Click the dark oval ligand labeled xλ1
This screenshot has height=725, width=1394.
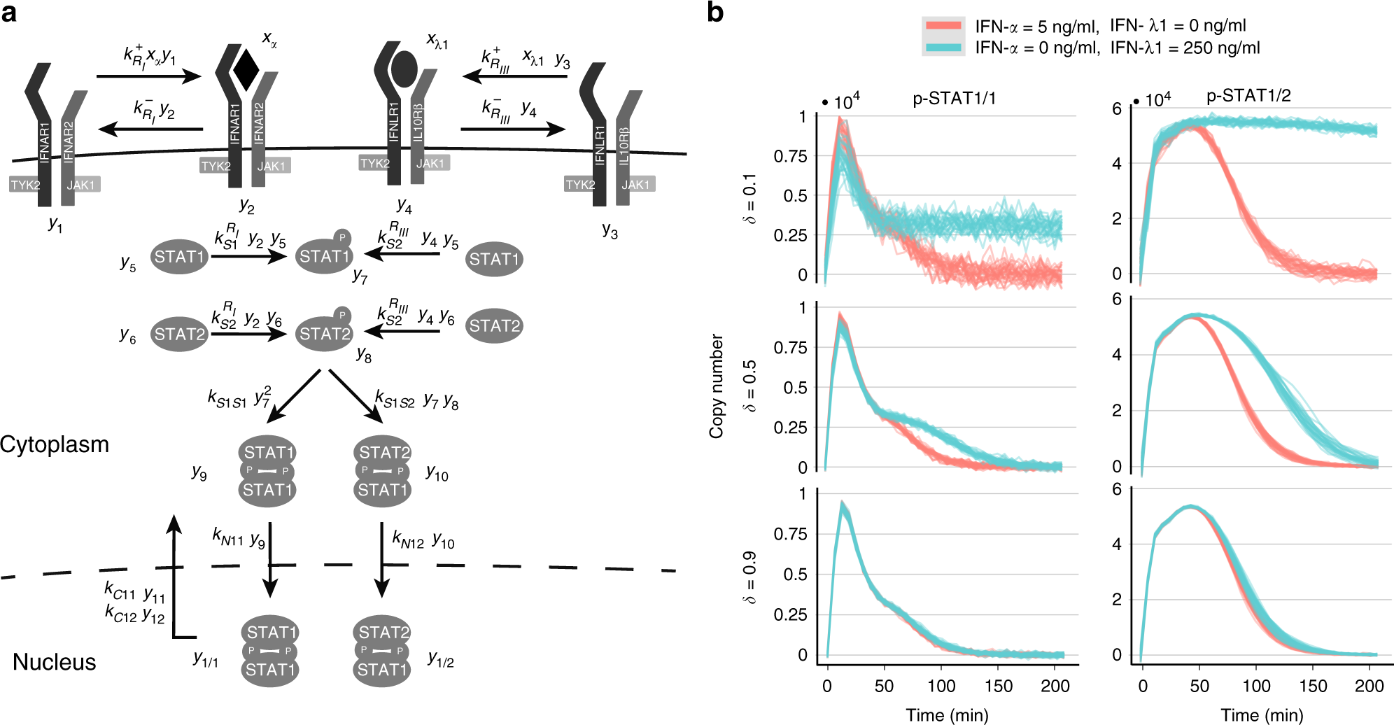click(404, 69)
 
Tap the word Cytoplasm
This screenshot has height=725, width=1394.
click(55, 444)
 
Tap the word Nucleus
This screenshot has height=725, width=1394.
click(55, 662)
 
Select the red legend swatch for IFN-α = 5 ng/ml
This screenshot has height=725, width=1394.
click(943, 26)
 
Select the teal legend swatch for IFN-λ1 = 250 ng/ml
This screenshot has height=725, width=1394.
click(943, 48)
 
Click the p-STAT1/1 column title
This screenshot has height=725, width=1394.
click(954, 99)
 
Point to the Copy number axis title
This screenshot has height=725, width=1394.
click(717, 386)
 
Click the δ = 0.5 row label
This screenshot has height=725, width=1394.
click(749, 386)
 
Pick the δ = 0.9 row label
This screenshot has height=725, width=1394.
click(749, 577)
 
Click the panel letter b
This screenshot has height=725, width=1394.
click(715, 13)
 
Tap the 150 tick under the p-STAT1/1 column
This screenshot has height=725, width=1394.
click(998, 686)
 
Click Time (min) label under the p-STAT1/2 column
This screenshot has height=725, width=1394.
click(1262, 715)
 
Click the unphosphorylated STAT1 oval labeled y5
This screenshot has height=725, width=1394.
click(180, 257)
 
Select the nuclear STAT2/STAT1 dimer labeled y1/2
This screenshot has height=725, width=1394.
click(382, 652)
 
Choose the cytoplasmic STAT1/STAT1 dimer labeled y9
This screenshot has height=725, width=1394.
click(267, 471)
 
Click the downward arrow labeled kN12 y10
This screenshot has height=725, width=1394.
click(381, 560)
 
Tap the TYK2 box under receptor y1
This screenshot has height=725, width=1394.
click(25, 185)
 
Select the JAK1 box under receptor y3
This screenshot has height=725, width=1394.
click(635, 184)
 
